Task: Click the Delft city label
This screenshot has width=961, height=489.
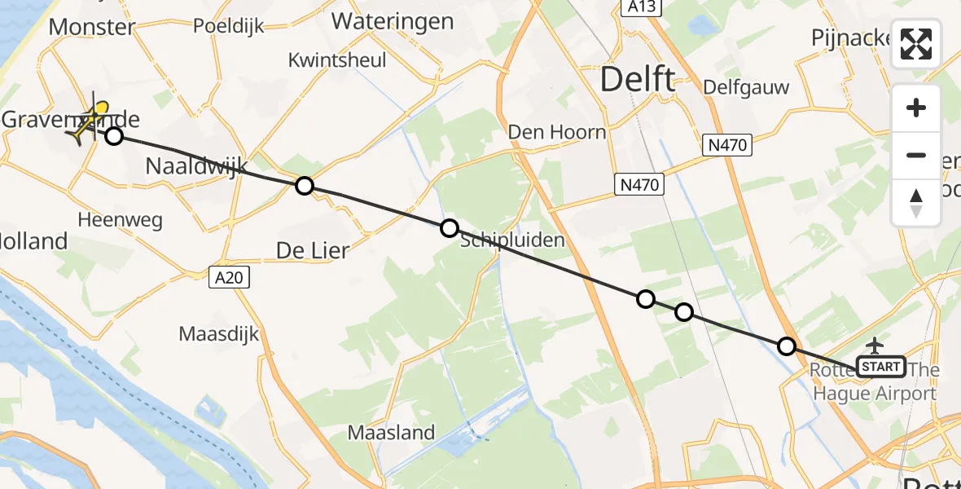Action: [x=638, y=80]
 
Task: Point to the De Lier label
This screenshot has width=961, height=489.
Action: [x=313, y=250]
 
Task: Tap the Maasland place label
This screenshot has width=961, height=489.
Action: [x=392, y=433]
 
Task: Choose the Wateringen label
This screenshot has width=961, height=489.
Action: [x=393, y=21]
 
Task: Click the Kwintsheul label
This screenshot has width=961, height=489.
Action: [x=337, y=60]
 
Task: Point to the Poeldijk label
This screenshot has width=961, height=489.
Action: [x=229, y=26]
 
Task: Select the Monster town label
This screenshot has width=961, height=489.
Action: [x=91, y=27]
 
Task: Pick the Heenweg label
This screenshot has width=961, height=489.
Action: [x=121, y=220]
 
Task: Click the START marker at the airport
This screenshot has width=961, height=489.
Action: [x=881, y=367]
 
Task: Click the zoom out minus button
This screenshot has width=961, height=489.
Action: [x=916, y=155]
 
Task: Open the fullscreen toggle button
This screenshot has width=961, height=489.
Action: [x=916, y=44]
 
